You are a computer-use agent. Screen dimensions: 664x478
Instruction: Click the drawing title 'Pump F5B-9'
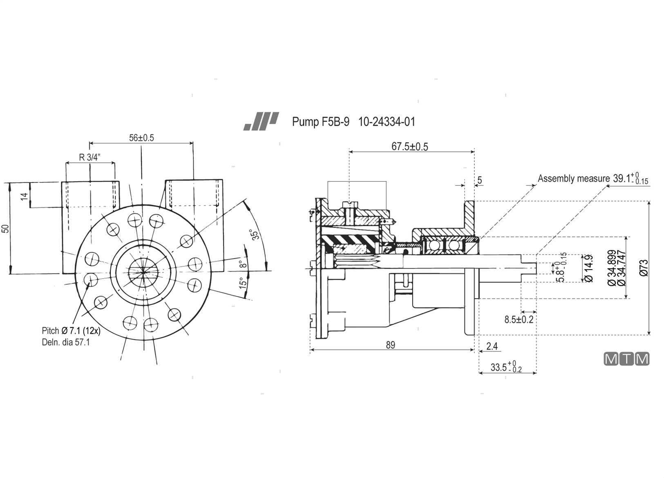(321, 122)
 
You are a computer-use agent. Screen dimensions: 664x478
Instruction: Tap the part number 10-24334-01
(387, 122)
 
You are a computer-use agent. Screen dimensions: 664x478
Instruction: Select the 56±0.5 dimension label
(141, 138)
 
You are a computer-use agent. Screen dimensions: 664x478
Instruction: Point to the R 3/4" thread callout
(90, 157)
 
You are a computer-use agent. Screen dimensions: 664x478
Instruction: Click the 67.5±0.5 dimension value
(410, 147)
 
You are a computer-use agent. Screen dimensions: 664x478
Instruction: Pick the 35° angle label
(255, 234)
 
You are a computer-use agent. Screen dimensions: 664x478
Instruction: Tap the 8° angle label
(243, 264)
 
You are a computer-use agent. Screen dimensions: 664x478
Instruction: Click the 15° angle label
(243, 283)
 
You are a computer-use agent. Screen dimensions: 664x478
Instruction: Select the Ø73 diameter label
(644, 268)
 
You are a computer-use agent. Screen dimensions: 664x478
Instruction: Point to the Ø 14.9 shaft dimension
(588, 268)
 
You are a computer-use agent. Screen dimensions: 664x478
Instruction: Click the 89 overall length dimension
(390, 345)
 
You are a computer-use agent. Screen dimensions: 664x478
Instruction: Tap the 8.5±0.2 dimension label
(519, 319)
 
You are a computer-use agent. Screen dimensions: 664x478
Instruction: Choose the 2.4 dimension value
(492, 346)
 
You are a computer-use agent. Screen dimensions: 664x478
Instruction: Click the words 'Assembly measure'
(574, 179)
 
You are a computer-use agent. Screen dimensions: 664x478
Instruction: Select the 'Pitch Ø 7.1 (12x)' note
(71, 331)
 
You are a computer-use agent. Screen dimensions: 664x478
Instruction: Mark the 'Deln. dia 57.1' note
(66, 342)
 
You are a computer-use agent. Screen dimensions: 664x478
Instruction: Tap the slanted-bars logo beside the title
(261, 121)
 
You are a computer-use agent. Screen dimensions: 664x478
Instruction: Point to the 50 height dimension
(5, 228)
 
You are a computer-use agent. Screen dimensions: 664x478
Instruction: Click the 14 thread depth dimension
(24, 196)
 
